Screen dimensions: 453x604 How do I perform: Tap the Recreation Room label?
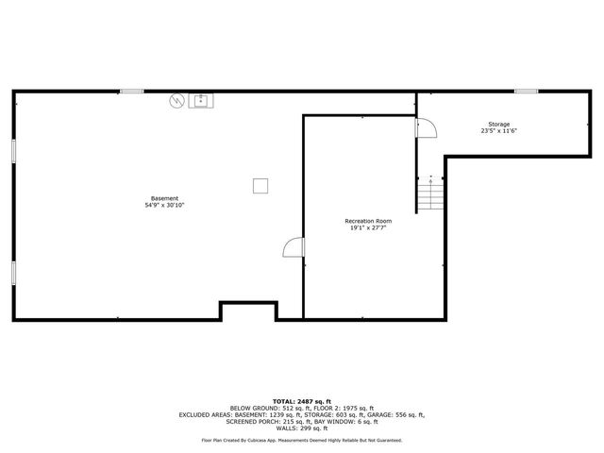(x=368, y=221)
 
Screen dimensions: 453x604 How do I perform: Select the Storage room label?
(x=499, y=125)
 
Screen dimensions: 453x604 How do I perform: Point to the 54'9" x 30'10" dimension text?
(x=164, y=205)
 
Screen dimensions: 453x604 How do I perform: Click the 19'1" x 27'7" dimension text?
(x=368, y=227)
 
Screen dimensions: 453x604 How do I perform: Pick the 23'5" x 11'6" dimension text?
(x=499, y=131)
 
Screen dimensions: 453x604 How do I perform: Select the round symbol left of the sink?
(x=176, y=99)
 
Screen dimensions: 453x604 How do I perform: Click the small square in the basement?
(x=260, y=186)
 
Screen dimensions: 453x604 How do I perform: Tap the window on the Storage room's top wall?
(x=526, y=91)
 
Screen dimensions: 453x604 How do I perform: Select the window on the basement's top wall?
(x=131, y=91)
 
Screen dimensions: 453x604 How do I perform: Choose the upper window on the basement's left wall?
(x=13, y=151)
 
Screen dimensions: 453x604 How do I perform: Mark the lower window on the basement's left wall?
(x=13, y=272)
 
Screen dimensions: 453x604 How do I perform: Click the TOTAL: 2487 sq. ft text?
(x=301, y=401)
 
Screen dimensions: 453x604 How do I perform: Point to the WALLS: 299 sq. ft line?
(x=301, y=428)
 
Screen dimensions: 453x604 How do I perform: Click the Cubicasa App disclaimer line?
(x=301, y=441)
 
